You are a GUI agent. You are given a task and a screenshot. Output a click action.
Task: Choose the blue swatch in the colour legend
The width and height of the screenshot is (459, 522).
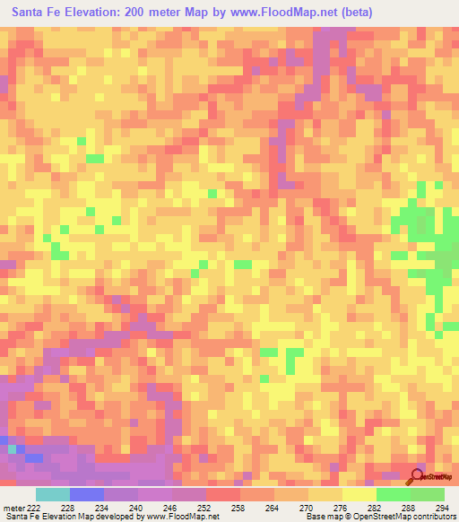pyautogui.click(x=86, y=495)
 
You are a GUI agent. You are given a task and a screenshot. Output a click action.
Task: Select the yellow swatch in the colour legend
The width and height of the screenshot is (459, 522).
pyautogui.click(x=359, y=495)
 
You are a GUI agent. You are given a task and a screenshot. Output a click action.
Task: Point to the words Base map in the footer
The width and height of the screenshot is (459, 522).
pyautogui.click(x=323, y=516)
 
